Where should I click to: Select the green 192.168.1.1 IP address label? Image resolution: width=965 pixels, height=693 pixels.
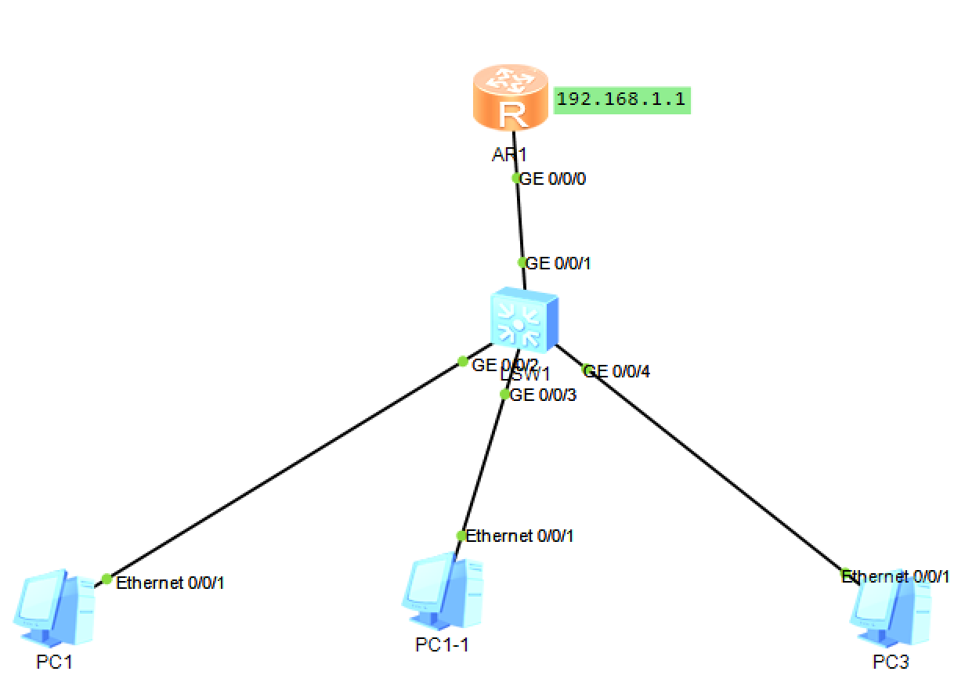[622, 100]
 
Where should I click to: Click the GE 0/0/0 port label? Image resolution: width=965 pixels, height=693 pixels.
[554, 179]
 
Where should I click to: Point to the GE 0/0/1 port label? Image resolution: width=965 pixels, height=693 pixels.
[558, 264]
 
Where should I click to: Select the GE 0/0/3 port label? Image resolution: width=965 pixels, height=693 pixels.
[543, 395]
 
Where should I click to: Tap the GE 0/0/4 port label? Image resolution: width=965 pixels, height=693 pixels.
[617, 371]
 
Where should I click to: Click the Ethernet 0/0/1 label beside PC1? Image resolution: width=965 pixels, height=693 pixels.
[171, 583]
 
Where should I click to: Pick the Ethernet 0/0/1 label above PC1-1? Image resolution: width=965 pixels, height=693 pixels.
[520, 536]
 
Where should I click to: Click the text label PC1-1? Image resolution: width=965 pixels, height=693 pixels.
[443, 644]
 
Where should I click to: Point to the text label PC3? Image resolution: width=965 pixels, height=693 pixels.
[891, 662]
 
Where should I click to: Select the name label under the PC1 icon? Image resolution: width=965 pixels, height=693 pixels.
[54, 662]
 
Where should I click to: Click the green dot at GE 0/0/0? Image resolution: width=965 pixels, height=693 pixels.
[516, 178]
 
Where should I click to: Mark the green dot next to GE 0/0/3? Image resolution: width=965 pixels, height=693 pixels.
[504, 394]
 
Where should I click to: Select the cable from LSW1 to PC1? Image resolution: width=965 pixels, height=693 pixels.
[282, 472]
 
